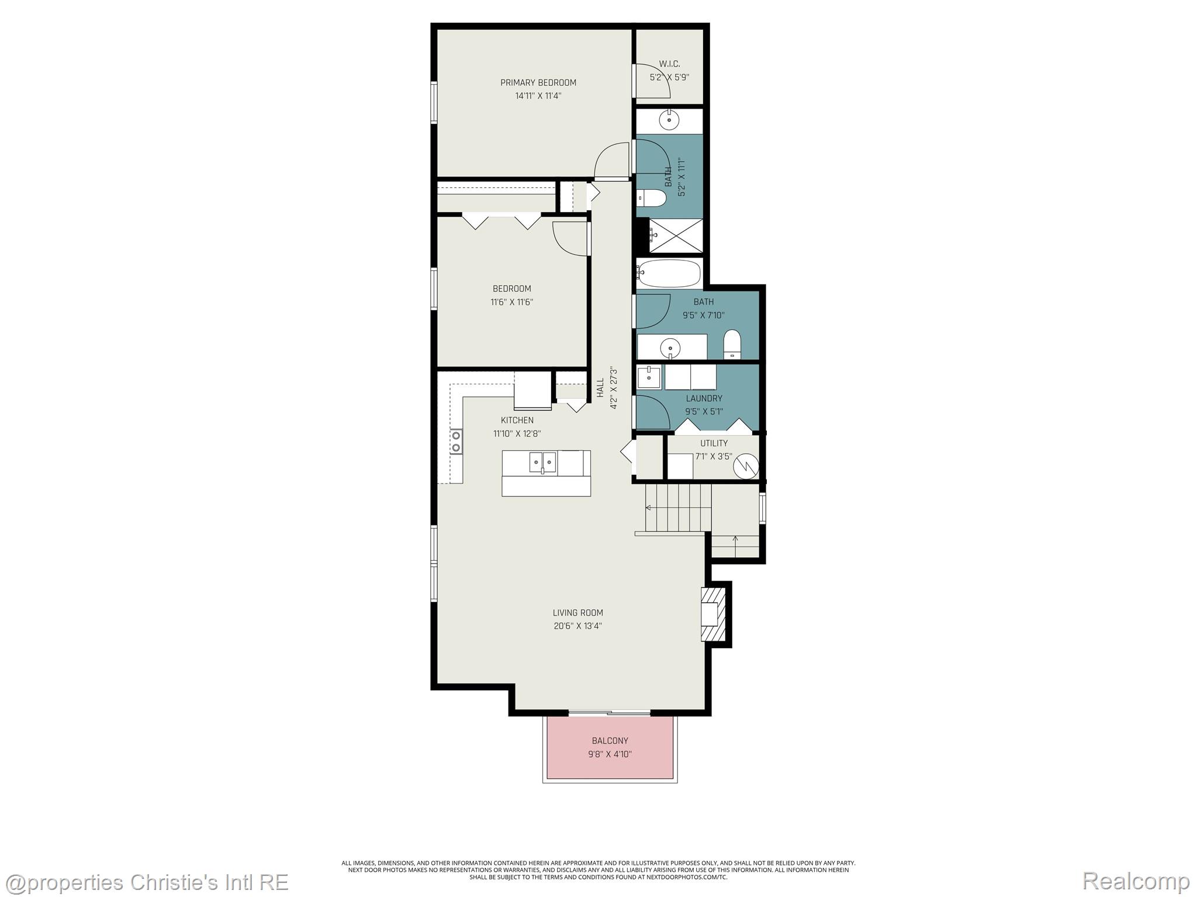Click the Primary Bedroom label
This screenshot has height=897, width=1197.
click(x=538, y=83)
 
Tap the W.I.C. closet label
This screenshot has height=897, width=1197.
click(x=669, y=64)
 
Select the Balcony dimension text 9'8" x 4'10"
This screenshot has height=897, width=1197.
click(x=610, y=754)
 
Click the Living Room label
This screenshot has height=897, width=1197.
click(x=577, y=613)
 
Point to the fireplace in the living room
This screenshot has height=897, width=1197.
click(x=714, y=614)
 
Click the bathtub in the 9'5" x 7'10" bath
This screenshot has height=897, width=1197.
click(x=669, y=273)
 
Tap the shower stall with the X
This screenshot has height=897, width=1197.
click(x=676, y=235)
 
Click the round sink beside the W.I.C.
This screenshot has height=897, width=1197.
click(x=669, y=120)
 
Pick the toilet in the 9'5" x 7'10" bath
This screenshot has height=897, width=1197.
click(x=732, y=344)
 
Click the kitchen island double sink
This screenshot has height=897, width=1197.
click(x=543, y=462)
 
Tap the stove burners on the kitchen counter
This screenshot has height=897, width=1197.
click(x=456, y=441)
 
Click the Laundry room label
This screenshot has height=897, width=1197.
click(x=704, y=398)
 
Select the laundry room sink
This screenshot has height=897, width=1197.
click(x=649, y=377)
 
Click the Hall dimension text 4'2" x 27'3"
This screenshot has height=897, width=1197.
click(x=614, y=388)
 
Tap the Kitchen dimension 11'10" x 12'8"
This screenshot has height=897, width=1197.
click(x=517, y=434)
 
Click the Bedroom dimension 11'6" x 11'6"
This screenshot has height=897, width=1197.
click(x=512, y=302)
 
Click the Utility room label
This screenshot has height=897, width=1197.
click(x=714, y=443)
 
